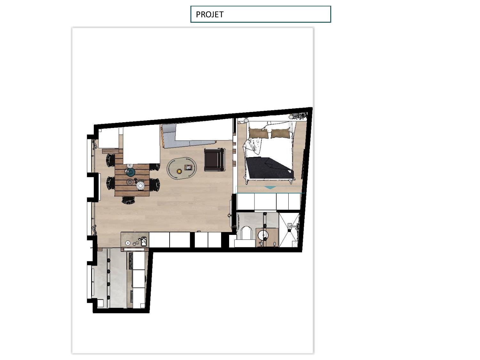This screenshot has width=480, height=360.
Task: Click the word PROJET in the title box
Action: (210, 14)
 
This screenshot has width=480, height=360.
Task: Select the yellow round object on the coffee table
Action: (179, 171)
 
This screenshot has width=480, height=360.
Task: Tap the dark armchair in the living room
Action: (214, 160)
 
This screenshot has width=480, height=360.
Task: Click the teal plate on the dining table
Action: (131, 172)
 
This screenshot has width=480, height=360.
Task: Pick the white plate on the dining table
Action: (140, 186)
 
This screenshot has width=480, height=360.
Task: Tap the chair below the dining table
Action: (128, 200)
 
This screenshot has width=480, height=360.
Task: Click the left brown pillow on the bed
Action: (258, 133)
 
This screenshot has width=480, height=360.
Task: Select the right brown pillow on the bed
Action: (280, 133)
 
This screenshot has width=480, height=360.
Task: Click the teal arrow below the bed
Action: (270, 188)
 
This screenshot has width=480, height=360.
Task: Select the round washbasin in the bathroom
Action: (263, 236)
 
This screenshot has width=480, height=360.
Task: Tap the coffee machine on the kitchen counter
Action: (144, 241)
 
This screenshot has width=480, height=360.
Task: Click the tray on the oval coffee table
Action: (188, 167)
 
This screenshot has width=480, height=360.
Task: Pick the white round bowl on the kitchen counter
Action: (127, 243)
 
